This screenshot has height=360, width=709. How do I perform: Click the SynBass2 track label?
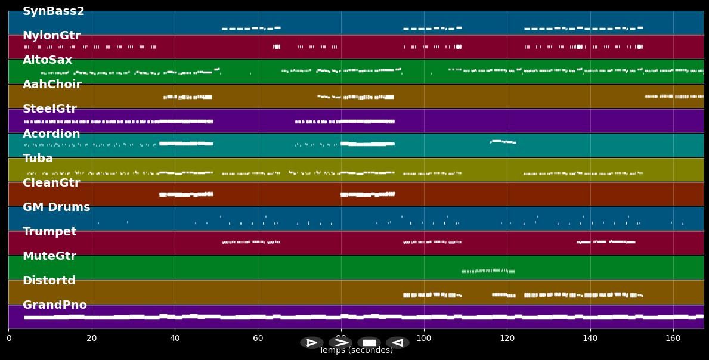pos(54,11)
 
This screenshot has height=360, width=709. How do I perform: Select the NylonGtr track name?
pos(51,36)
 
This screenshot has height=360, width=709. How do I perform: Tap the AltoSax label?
pos(47,60)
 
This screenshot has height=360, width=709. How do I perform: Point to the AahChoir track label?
pos(52,85)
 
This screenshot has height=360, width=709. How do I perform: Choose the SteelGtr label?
pos(49,109)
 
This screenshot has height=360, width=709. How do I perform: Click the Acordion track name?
pos(51,134)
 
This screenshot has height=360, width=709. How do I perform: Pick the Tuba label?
pos(38,159)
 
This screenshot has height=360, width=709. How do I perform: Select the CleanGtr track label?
pos(51,183)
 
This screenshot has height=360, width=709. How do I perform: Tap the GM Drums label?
pos(56,207)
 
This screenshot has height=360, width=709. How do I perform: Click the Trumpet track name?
pos(49,232)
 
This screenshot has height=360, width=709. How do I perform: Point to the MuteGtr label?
pos(49,256)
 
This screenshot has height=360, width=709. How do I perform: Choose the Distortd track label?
pos(49,281)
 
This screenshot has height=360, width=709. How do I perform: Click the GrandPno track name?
pos(55,305)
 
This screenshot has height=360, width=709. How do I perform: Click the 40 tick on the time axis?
pos(175,339)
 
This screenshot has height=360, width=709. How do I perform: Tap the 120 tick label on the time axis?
pos(507,339)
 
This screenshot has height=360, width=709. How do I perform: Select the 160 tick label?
pos(673,339)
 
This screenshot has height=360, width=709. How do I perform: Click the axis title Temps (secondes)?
pos(356,350)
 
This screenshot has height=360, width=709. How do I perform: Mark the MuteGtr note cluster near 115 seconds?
pos(488,271)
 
